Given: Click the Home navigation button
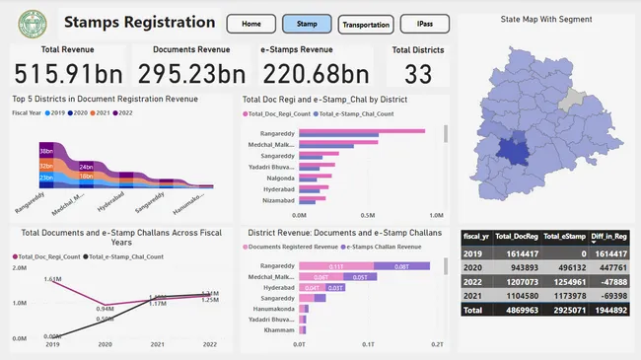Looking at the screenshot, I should click(x=251, y=23).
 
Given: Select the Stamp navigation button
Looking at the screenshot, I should click(x=307, y=23).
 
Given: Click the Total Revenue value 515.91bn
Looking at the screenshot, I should click(x=65, y=73).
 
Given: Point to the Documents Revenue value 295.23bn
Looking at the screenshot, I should click(x=191, y=73).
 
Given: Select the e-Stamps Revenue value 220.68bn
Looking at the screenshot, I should click(x=318, y=73).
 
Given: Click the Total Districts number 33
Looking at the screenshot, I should click(x=417, y=73).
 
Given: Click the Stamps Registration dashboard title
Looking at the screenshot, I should click(x=139, y=22).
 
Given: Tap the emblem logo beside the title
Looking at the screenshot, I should click(x=33, y=23).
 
